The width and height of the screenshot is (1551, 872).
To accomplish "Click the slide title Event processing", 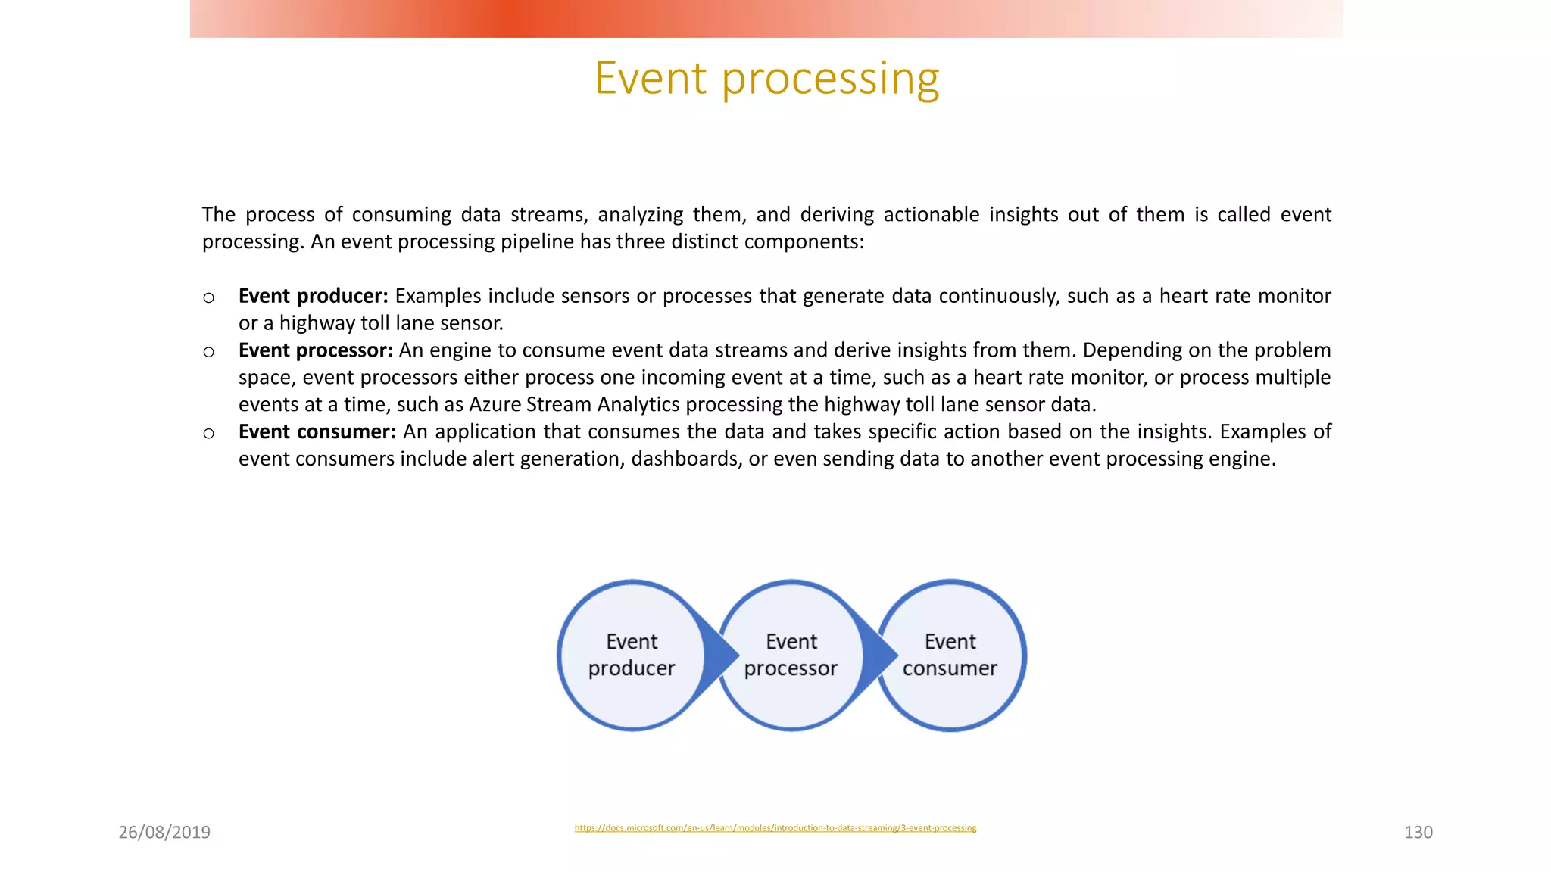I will coord(766,78).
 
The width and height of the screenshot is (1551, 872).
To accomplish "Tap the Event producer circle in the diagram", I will coord(631,655).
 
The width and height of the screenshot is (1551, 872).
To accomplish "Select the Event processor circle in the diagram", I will coord(791,655).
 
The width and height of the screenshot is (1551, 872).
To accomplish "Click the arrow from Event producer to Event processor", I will coord(719,655).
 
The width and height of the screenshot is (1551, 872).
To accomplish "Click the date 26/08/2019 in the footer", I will coord(164,832).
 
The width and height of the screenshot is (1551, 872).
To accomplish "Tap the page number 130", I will coord(1418,832).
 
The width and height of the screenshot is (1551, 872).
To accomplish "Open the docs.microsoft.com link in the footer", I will coord(775,827).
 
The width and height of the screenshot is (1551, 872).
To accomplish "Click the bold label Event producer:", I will coord(313,296).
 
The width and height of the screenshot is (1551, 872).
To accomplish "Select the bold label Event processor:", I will coord(315,350).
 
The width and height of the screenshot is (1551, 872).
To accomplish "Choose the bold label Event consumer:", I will coord(317,432).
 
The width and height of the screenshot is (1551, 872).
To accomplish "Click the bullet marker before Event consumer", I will coord(209,433).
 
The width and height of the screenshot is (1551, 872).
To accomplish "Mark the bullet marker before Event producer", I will coord(209,297).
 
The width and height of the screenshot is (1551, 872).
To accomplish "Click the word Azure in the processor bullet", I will coord(494,405).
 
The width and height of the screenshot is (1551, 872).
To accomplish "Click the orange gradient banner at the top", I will coord(766,19).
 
